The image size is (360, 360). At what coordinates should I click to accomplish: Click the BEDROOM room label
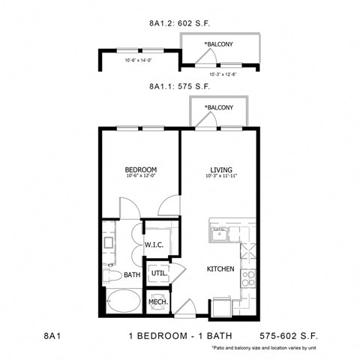pyautogui.click(x=139, y=170)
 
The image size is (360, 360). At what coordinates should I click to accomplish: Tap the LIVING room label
pyautogui.click(x=218, y=170)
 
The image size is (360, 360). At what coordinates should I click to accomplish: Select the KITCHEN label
pyautogui.click(x=222, y=268)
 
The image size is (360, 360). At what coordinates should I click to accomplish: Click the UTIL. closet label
pyautogui.click(x=157, y=274)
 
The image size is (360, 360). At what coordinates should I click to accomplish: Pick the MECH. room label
pyautogui.click(x=157, y=302)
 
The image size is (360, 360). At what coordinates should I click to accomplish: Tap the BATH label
pyautogui.click(x=132, y=275)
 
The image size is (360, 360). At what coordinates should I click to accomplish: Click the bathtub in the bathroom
pyautogui.click(x=122, y=304)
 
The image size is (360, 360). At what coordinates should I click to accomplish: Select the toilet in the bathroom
pyautogui.click(x=111, y=274)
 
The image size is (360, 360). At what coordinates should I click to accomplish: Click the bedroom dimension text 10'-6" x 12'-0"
pyautogui.click(x=139, y=178)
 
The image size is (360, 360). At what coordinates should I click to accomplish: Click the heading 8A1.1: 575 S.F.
pyautogui.click(x=180, y=87)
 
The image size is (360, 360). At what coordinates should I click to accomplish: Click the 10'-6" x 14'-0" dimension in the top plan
pyautogui.click(x=139, y=61)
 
